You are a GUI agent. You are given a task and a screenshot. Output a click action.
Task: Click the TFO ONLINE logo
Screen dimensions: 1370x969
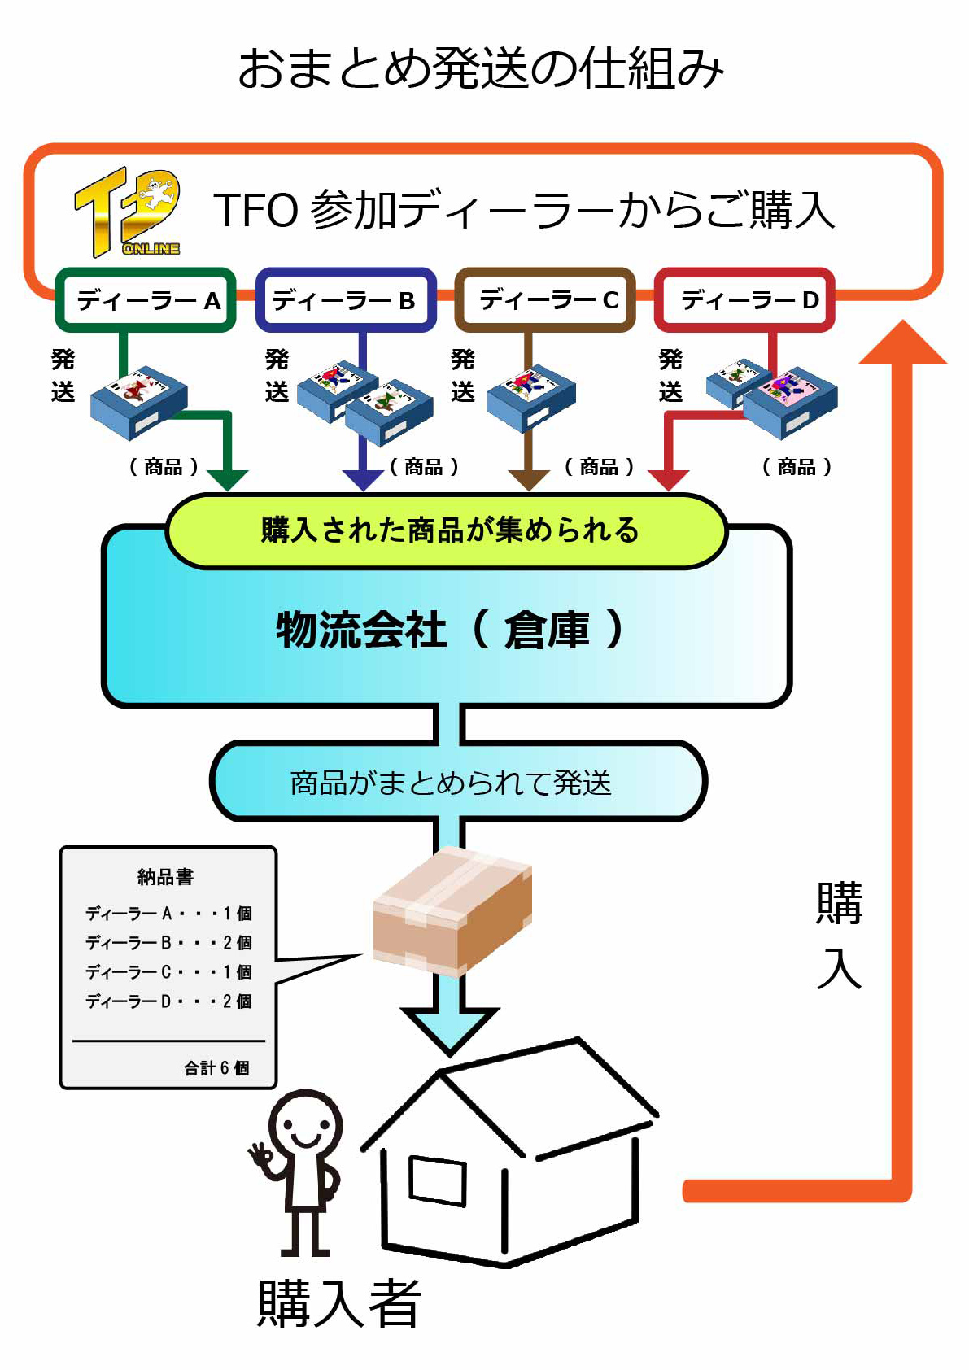click(128, 212)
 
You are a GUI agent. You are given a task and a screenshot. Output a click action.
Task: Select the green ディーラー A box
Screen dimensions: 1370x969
click(146, 300)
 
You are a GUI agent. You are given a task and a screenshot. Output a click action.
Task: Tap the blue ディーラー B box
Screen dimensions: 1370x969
click(346, 300)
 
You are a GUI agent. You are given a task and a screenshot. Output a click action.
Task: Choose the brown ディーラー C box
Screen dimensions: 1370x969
click(545, 300)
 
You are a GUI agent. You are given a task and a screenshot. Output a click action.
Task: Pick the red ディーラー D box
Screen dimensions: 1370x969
click(744, 300)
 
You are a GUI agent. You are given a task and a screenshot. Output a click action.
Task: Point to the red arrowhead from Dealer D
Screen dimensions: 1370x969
click(669, 479)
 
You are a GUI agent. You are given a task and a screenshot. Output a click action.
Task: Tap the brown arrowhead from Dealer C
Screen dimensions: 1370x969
click(529, 479)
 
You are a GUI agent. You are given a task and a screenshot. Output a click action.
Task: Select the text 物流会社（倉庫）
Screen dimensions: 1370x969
click(449, 630)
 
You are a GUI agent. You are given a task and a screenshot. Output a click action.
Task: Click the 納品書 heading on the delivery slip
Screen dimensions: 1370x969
click(166, 876)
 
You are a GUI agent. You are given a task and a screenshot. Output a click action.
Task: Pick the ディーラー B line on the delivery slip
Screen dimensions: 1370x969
click(168, 942)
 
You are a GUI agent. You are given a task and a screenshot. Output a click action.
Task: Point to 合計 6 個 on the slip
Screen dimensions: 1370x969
click(216, 1067)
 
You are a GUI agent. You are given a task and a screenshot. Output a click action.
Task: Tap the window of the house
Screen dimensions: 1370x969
click(438, 1180)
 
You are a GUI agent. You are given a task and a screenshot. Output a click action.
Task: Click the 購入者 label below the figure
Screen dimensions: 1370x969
click(339, 1303)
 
